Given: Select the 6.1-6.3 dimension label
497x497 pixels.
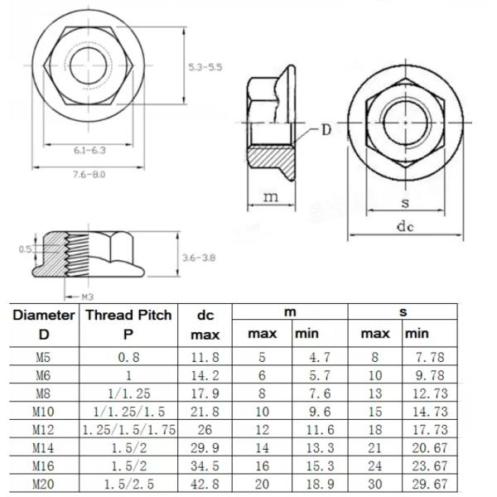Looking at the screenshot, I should (89, 150).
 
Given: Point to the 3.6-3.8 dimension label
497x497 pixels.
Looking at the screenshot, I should (198, 258).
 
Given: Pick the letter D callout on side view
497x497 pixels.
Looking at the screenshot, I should (326, 129).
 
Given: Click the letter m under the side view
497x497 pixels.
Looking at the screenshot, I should (270, 196).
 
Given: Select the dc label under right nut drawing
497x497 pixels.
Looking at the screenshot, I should (404, 226).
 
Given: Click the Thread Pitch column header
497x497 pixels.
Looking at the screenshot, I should (129, 315).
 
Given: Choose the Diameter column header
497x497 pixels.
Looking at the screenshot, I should (44, 315).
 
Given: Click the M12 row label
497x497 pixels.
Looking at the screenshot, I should (44, 429).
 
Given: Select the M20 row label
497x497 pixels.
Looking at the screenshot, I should (44, 483).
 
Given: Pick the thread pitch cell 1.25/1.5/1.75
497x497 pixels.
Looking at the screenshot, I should (129, 429).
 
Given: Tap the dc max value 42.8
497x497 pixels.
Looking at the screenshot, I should (205, 483).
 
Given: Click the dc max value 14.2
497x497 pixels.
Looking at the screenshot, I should (205, 375).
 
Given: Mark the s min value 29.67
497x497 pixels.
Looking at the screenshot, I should (429, 483).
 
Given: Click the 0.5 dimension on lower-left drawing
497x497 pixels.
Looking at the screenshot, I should (25, 248).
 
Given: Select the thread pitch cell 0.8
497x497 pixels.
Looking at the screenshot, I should (129, 358).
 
